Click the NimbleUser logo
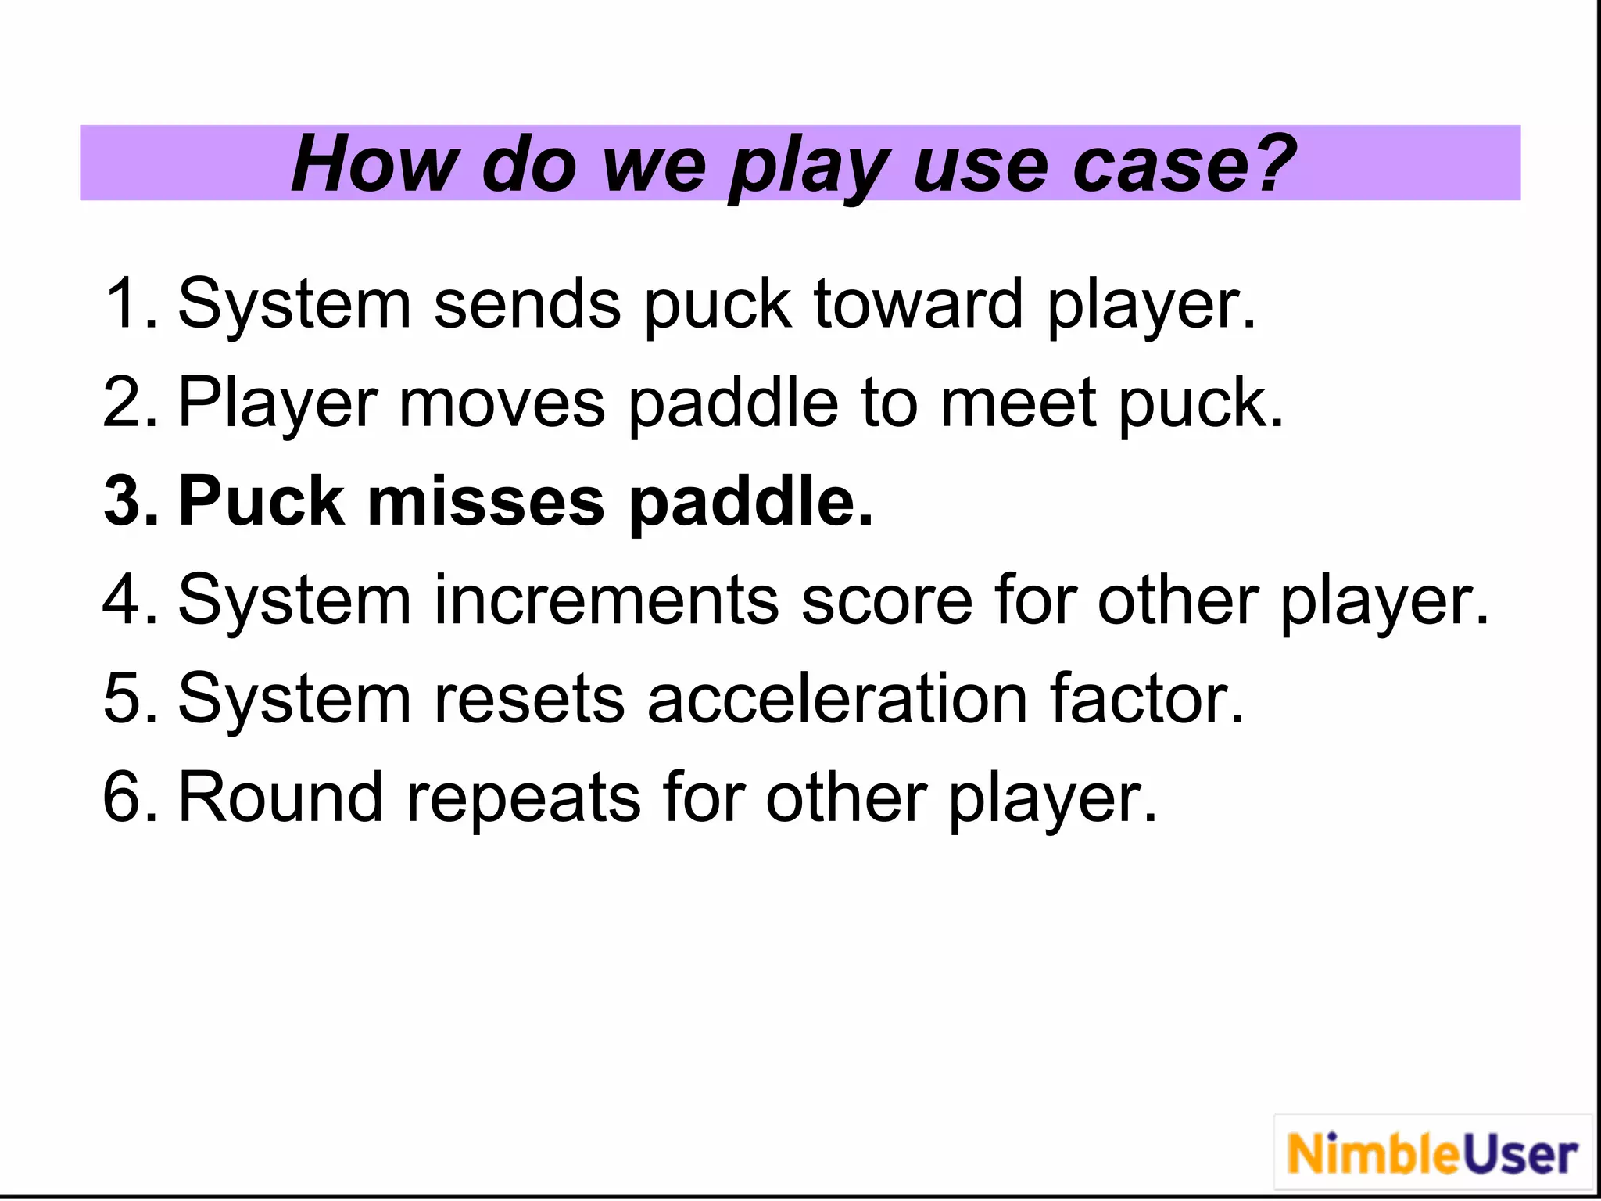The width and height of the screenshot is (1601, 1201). (1432, 1154)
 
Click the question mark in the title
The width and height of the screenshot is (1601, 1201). (1269, 163)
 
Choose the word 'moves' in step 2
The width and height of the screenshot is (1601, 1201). (502, 403)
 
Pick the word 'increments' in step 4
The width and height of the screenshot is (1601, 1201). (606, 600)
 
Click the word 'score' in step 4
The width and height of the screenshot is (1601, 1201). (886, 600)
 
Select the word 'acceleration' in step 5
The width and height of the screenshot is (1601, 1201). (836, 698)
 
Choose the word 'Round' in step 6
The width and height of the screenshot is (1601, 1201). (281, 798)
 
